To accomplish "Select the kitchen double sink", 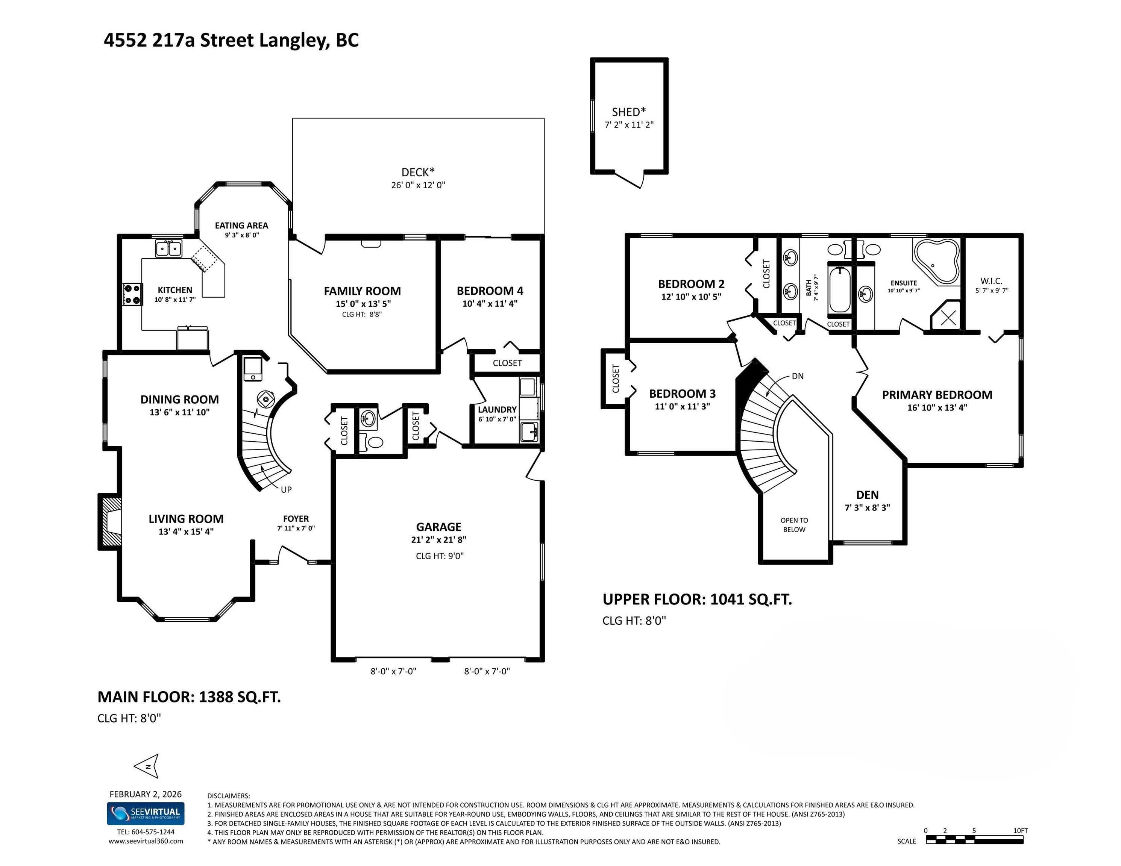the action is click(x=169, y=249).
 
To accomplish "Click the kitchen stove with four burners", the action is click(x=132, y=294).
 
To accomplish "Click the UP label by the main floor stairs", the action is click(x=287, y=489).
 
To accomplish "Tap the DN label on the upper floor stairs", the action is click(x=798, y=376).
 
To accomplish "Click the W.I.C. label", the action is click(x=991, y=281).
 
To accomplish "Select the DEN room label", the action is click(x=868, y=495).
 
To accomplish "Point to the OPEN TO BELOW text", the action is click(x=794, y=525).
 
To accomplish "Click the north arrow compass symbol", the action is click(x=146, y=766).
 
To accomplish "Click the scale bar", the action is click(x=974, y=840).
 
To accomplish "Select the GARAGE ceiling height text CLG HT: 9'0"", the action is click(x=439, y=556).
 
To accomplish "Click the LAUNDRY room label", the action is click(x=497, y=409).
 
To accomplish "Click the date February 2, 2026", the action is click(x=146, y=794).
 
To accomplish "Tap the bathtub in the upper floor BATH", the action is click(x=840, y=288).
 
